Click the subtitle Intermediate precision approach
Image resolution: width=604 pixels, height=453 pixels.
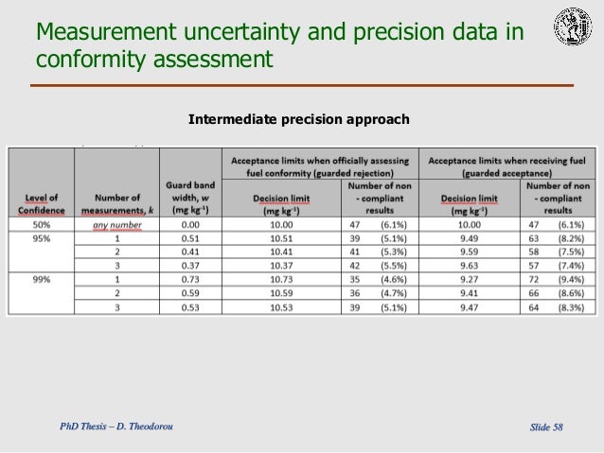pyautogui.click(x=299, y=120)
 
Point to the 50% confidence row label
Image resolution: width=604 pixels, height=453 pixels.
pyautogui.click(x=40, y=225)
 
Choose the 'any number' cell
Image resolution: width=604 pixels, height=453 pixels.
pyautogui.click(x=117, y=225)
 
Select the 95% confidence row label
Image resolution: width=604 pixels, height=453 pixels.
pyautogui.click(x=40, y=239)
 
